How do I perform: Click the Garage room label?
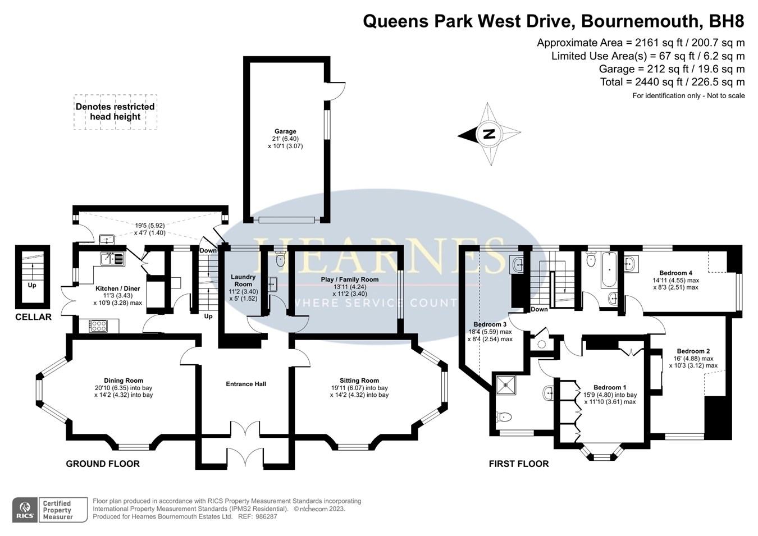tap(285, 131)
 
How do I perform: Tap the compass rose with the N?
tap(490, 134)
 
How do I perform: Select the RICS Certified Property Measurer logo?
tap(51, 510)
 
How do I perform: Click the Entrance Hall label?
tap(246, 384)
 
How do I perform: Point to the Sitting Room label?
tap(359, 381)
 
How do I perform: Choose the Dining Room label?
tap(124, 381)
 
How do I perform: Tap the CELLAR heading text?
tap(33, 317)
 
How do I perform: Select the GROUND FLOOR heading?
tap(103, 464)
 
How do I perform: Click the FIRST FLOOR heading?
tap(518, 464)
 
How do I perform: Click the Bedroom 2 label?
tap(693, 351)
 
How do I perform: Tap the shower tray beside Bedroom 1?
tap(508, 384)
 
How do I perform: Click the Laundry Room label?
tap(243, 280)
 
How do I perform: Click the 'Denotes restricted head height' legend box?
tap(115, 112)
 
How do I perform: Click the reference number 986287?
tap(266, 516)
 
